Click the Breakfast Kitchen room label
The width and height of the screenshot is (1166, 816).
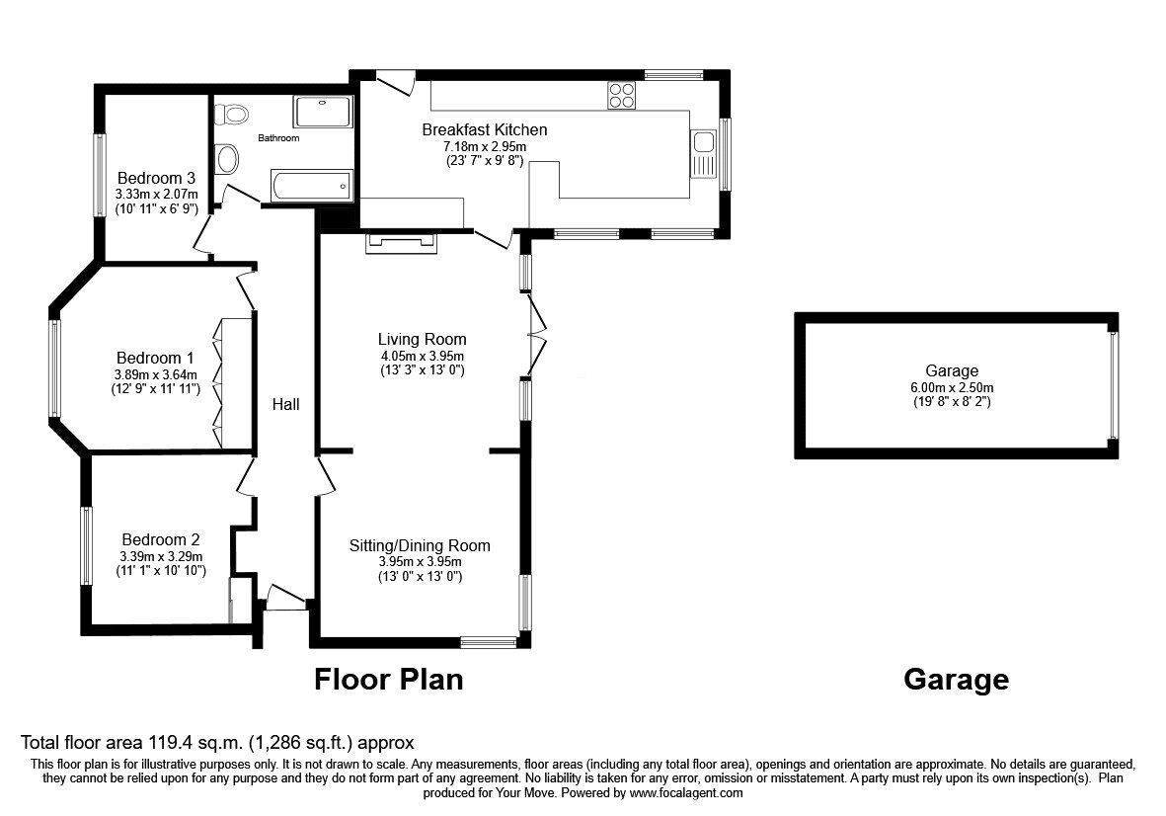[x=484, y=129]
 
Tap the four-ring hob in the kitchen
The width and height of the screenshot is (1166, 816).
[x=622, y=95]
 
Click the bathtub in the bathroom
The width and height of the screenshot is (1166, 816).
[x=310, y=185]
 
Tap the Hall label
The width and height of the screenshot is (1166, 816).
[x=286, y=404]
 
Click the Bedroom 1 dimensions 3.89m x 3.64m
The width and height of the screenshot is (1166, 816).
[x=156, y=374]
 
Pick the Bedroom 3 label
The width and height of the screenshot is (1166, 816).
[x=156, y=178]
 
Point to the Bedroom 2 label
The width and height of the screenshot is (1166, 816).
[x=161, y=539]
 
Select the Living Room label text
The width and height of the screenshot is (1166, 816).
[x=423, y=339]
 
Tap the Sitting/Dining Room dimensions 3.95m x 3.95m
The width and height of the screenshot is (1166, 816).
[x=420, y=561]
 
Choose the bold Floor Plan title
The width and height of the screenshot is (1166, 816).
[x=388, y=680]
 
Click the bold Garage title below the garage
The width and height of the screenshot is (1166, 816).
[x=956, y=680]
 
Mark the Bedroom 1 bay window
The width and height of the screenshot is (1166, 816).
[x=55, y=367]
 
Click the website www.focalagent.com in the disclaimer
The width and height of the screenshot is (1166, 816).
[x=686, y=792]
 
